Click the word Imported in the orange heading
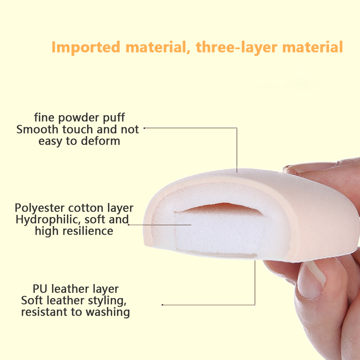point(86,47)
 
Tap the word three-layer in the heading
point(236,47)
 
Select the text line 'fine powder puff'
point(79,118)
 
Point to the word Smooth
point(37,129)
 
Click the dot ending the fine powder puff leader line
point(144,128)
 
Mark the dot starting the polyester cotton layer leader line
point(129,225)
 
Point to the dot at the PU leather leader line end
point(162,305)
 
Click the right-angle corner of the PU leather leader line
point(255,305)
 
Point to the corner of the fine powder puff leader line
point(237,128)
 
